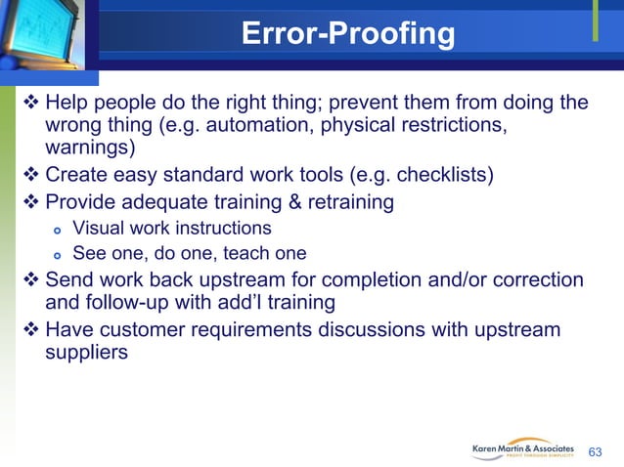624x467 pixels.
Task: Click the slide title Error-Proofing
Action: point(347,35)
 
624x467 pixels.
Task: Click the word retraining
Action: point(344,202)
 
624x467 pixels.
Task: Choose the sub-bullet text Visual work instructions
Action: point(172,229)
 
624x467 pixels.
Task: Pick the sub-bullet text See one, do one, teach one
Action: point(190,254)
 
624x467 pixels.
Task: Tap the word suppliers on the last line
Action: point(86,352)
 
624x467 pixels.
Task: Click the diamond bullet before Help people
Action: point(29,104)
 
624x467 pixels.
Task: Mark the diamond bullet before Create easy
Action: point(29,177)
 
